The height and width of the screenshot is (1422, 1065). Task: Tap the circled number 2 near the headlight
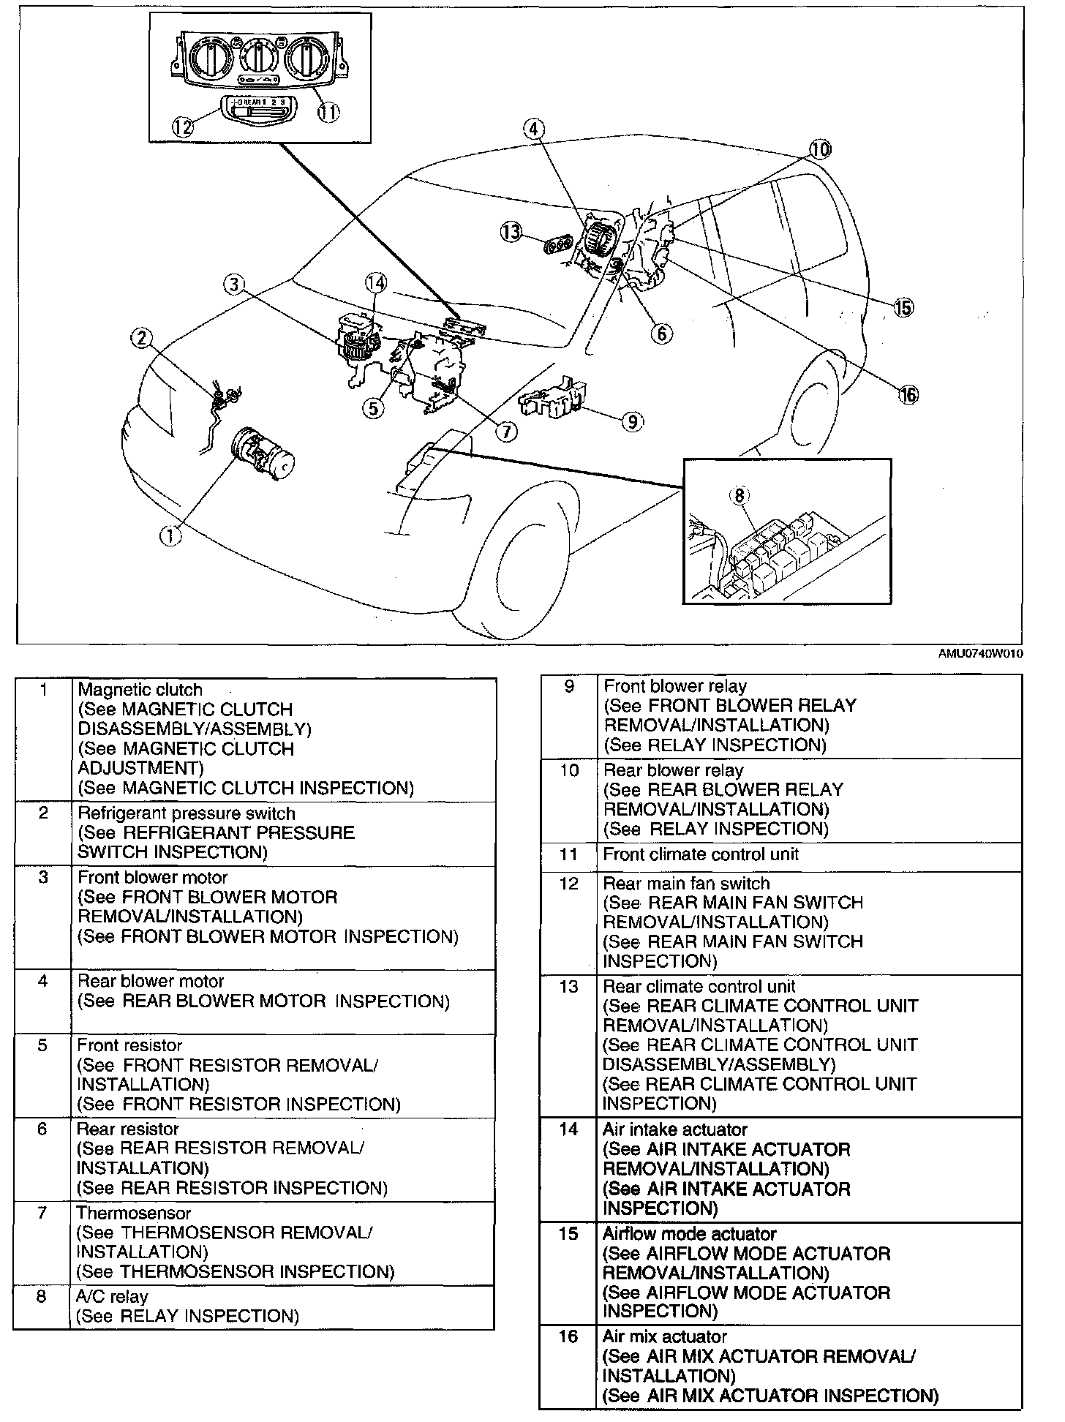click(x=142, y=337)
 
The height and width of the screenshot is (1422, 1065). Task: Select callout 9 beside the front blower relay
click(x=631, y=421)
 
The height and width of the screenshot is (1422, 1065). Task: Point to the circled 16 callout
click(x=908, y=394)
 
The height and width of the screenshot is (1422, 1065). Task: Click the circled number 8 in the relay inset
click(x=740, y=495)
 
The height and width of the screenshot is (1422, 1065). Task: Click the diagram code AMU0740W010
click(x=980, y=654)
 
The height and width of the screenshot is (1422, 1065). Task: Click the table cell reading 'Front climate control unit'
click(x=701, y=854)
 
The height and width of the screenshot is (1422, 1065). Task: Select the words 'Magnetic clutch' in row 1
click(x=140, y=690)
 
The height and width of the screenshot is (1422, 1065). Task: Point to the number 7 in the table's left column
click(x=42, y=1214)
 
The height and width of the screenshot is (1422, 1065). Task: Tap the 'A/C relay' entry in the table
click(x=112, y=1297)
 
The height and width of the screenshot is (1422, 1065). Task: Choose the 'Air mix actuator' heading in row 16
click(x=664, y=1337)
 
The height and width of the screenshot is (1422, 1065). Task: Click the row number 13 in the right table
click(x=568, y=987)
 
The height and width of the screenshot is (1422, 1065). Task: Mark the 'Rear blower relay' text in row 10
click(x=673, y=770)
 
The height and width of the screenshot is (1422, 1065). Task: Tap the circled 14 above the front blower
click(x=376, y=283)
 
